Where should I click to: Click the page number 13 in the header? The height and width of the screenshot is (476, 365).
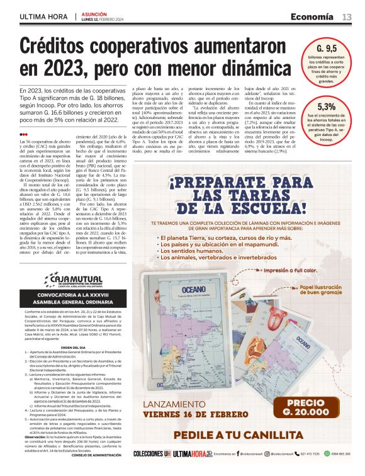(x=347, y=16)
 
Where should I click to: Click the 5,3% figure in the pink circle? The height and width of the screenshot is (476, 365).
(x=326, y=106)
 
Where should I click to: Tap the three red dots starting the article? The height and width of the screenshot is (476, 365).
(x=23, y=134)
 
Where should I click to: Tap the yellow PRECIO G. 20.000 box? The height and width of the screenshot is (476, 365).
(x=306, y=407)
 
